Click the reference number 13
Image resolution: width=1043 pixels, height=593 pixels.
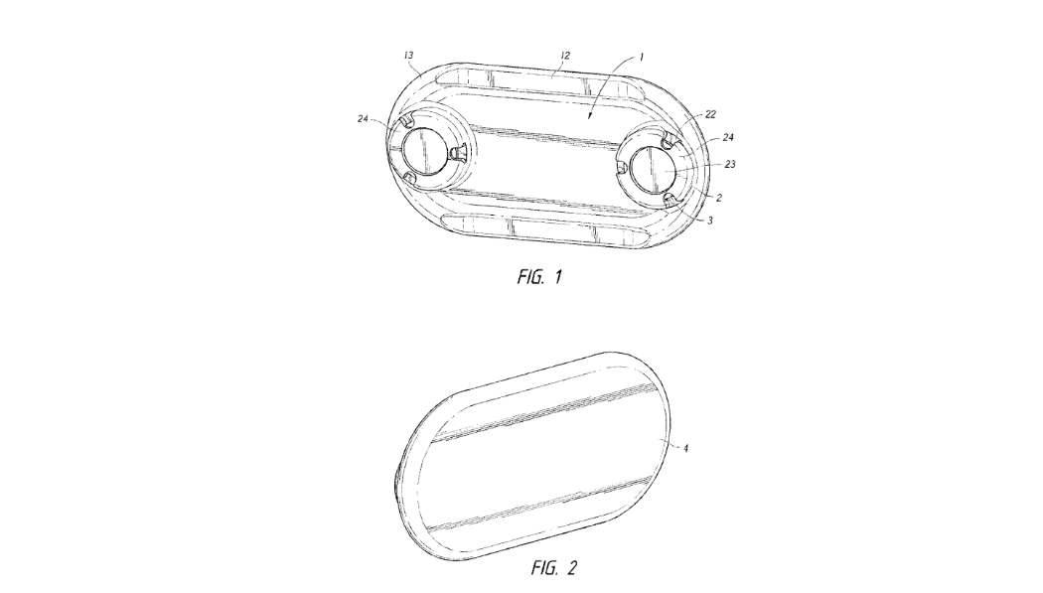(409, 56)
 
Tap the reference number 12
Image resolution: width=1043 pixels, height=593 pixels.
(565, 56)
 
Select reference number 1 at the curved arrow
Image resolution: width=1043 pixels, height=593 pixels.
(642, 58)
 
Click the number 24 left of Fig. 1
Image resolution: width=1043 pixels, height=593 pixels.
(363, 119)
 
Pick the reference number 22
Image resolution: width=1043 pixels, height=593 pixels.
(710, 114)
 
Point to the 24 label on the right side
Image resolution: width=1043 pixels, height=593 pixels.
(728, 138)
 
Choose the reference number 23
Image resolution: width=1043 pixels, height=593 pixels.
(730, 164)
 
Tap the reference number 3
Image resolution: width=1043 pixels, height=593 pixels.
(710, 221)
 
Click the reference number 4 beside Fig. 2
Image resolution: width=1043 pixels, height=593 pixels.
(685, 448)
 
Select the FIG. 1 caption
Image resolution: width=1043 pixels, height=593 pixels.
(539, 276)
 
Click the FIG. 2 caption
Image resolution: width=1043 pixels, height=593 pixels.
(554, 568)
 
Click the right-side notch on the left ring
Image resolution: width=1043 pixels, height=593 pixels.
(457, 154)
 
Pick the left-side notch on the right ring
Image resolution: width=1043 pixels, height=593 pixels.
(622, 170)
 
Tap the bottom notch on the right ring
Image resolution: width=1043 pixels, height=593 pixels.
(670, 200)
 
